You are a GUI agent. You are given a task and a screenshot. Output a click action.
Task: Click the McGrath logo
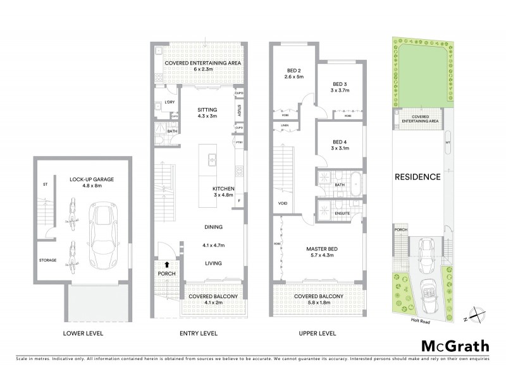click(x=456, y=346)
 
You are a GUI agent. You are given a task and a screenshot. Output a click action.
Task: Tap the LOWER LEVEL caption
click(x=79, y=333)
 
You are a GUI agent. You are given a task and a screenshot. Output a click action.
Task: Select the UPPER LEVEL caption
click(x=318, y=333)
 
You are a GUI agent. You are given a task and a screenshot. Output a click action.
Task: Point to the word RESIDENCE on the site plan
click(x=417, y=177)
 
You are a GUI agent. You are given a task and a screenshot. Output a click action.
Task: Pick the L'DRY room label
click(x=169, y=102)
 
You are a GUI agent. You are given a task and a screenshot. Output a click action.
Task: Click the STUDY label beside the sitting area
click(x=240, y=111)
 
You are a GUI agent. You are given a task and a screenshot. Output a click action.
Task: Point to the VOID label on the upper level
click(x=282, y=203)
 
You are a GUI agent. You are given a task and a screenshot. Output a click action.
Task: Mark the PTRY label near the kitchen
click(x=239, y=143)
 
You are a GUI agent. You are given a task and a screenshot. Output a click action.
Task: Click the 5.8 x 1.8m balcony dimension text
click(x=318, y=303)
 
